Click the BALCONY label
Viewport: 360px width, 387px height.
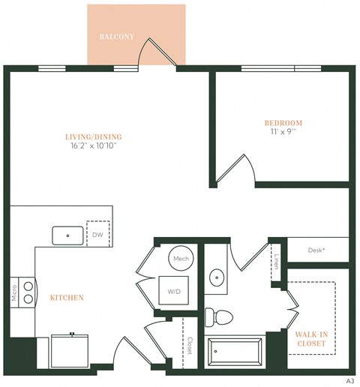(117, 36)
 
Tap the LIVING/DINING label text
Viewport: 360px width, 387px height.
(94, 136)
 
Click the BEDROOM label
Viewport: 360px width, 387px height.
(283, 122)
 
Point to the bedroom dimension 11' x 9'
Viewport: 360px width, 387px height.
(283, 132)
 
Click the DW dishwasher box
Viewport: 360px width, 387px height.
(98, 233)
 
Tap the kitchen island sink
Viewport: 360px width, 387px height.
(68, 235)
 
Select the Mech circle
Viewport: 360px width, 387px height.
(180, 258)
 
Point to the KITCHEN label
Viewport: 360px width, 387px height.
(67, 298)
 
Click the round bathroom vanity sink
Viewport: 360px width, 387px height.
(217, 277)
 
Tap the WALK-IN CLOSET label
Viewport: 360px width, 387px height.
(310, 338)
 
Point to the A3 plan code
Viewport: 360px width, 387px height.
(349, 381)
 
